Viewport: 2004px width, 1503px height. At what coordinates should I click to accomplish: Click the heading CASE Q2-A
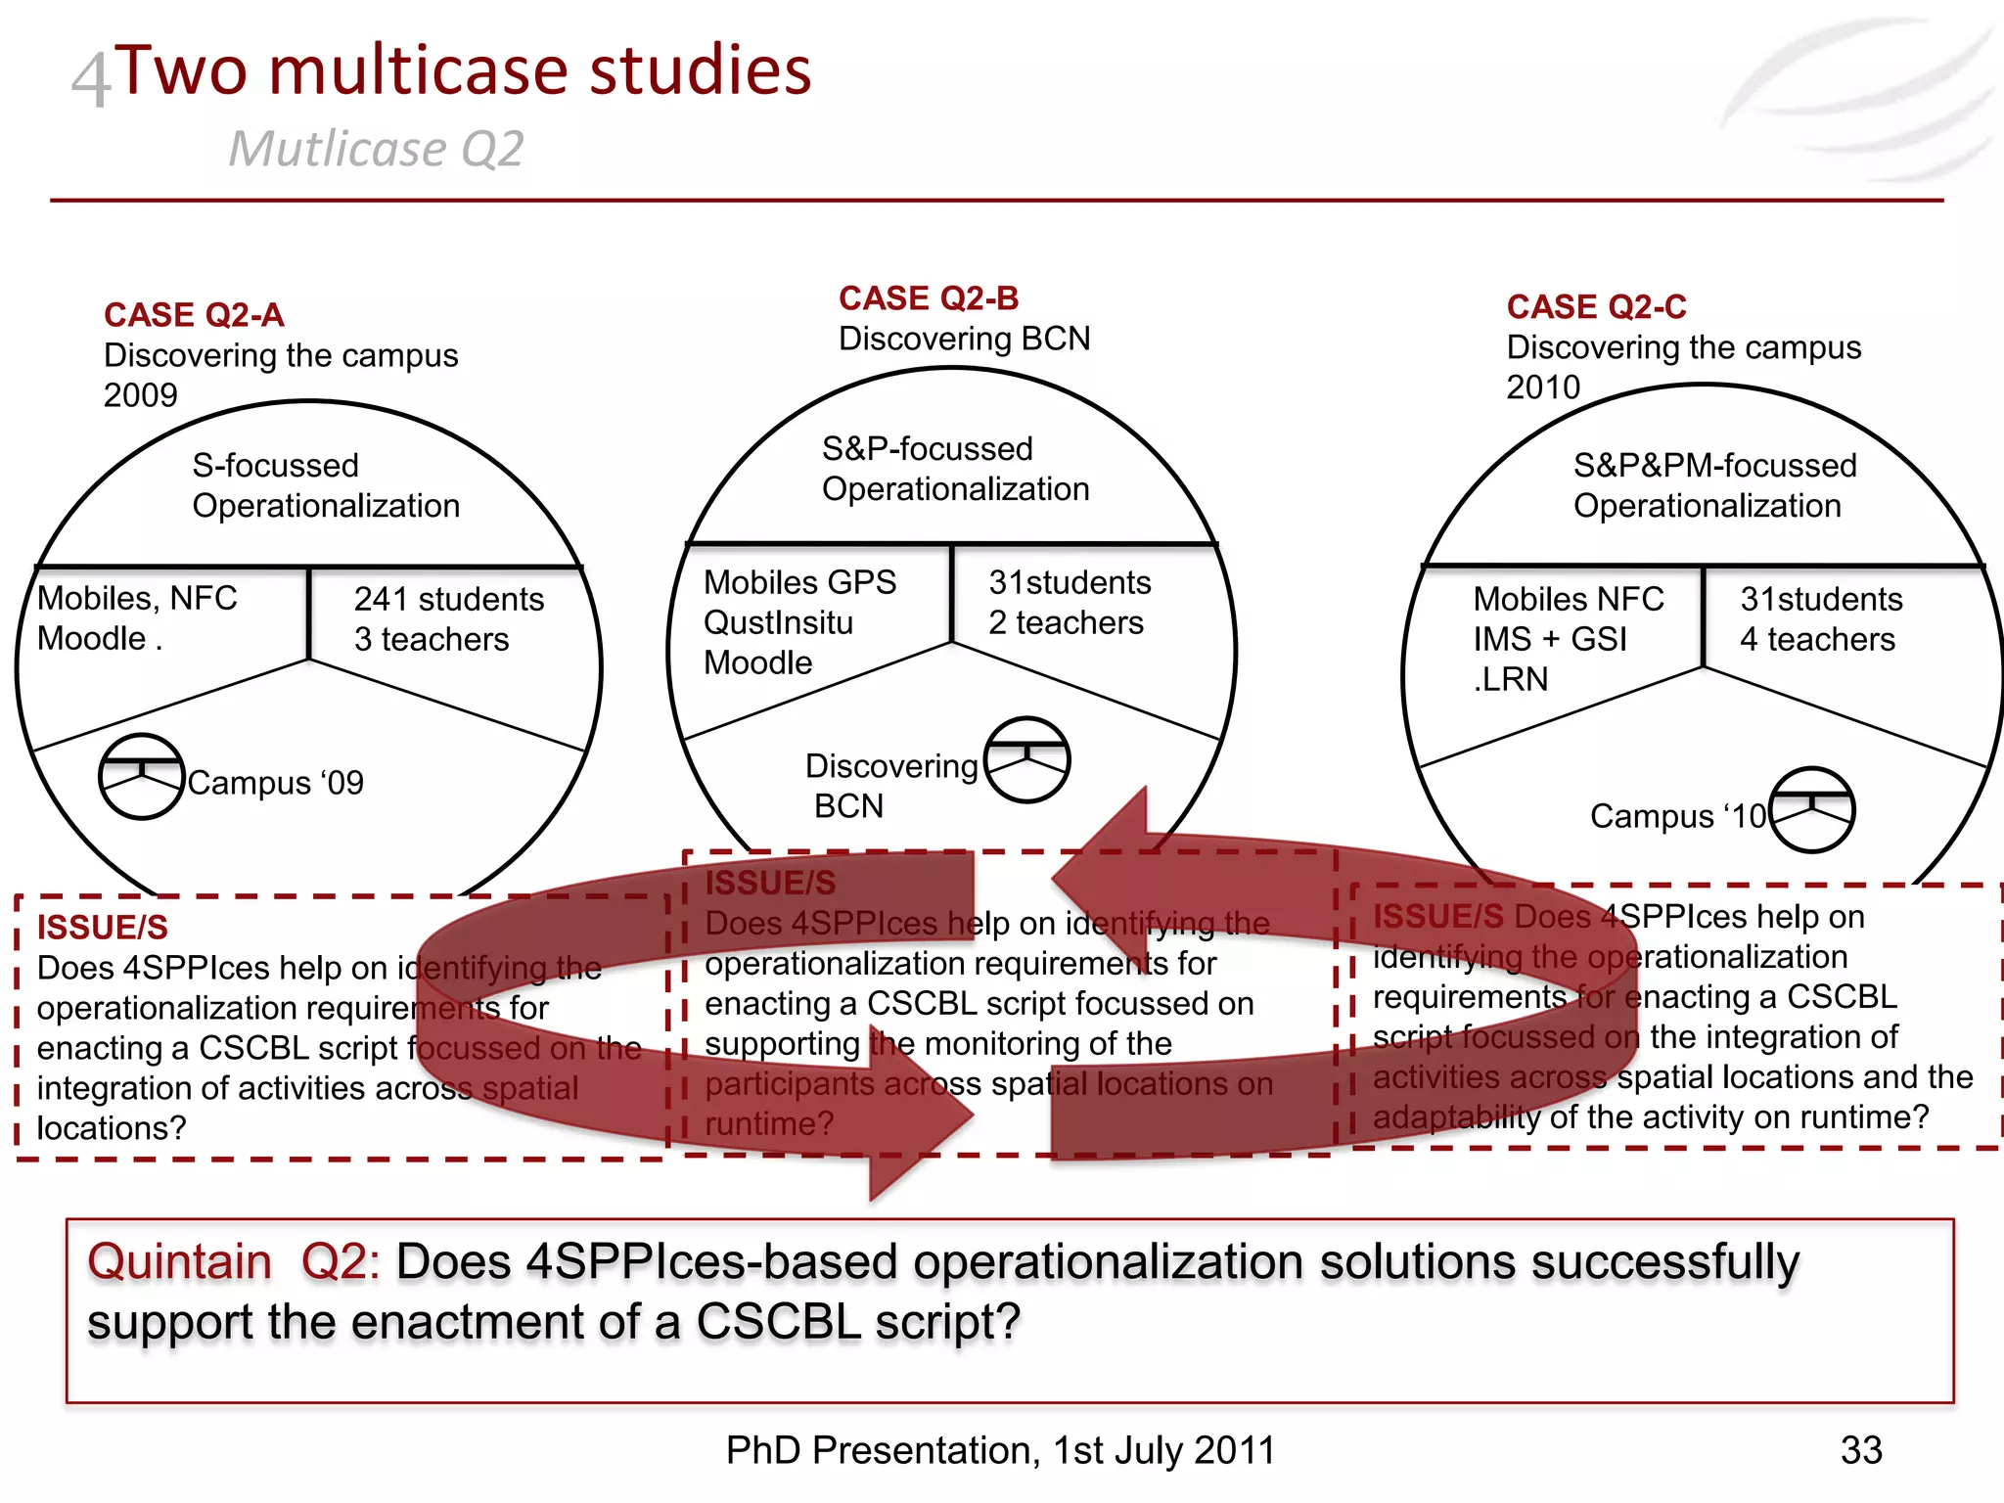point(194,315)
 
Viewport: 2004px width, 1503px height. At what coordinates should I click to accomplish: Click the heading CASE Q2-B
point(929,298)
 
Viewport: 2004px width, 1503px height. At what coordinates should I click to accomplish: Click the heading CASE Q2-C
point(1596,307)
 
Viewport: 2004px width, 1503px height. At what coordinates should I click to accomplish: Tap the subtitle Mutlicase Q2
point(376,150)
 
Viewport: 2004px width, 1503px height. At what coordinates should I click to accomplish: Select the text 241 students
point(448,599)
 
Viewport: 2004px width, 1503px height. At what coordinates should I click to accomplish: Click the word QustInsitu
point(778,622)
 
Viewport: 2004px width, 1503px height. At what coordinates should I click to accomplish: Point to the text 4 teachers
point(1817,639)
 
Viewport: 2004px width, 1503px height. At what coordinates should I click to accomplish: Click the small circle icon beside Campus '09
point(142,776)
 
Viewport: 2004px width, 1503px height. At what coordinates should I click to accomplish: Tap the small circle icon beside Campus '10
point(1812,809)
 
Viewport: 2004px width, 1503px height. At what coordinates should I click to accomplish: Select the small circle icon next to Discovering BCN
point(1026,759)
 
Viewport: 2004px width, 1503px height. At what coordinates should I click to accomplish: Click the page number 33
point(1860,1450)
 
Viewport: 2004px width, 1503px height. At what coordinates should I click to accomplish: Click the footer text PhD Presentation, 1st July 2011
point(1000,1450)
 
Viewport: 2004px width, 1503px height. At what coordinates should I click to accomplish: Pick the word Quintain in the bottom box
point(179,1261)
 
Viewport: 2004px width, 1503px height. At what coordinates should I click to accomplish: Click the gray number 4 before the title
point(92,80)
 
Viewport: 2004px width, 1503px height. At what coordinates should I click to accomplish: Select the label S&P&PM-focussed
point(1714,466)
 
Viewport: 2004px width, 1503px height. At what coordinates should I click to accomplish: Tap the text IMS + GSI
point(1550,639)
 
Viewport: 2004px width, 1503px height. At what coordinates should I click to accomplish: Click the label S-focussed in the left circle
point(276,466)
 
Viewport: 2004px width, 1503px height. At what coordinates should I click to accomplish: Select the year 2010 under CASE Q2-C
point(1543,387)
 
